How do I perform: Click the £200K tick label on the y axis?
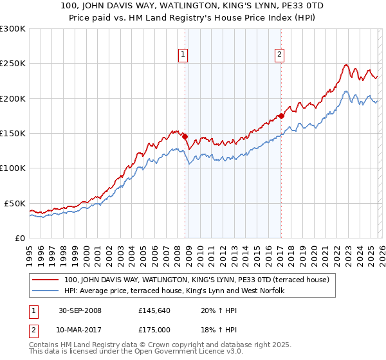click(x=13, y=99)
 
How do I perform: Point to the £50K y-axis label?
click(x=15, y=203)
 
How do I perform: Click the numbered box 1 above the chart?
click(x=183, y=55)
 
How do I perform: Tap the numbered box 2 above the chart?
click(x=280, y=55)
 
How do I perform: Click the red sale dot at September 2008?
click(x=185, y=136)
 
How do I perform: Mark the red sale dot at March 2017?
click(x=281, y=116)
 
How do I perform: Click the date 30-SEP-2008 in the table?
click(x=80, y=310)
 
